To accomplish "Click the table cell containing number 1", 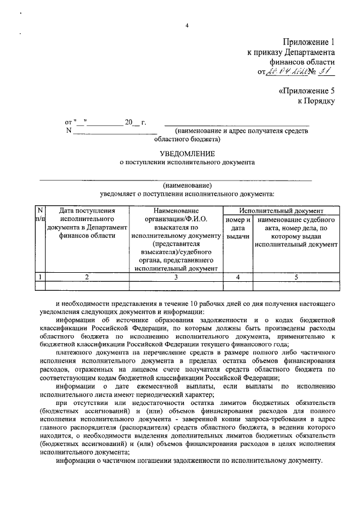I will click(x=39, y=276).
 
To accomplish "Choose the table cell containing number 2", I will click(x=87, y=276).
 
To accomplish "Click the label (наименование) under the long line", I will click(x=187, y=185).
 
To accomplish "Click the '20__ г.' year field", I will click(x=135, y=121).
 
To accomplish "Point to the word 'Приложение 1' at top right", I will click(x=310, y=41).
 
